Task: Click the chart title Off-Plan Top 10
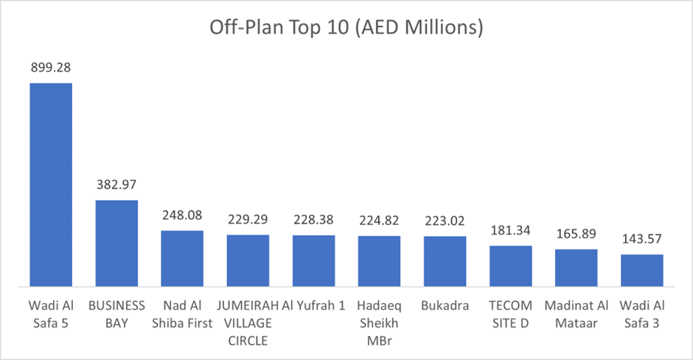[346, 28]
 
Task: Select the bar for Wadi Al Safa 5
[51, 184]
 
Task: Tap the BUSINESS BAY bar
[116, 243]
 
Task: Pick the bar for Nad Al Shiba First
[182, 258]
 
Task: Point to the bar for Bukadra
[445, 261]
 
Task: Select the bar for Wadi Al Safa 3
[642, 270]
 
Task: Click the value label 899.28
[51, 68]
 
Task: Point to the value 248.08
[182, 216]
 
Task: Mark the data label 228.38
[313, 221]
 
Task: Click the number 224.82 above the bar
[379, 221]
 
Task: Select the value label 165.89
[577, 234]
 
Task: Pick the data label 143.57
[642, 239]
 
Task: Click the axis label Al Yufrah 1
[313, 306]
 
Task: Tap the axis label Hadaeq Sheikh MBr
[379, 323]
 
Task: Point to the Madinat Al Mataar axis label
[577, 314]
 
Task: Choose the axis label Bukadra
[445, 306]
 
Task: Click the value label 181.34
[510, 230]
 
